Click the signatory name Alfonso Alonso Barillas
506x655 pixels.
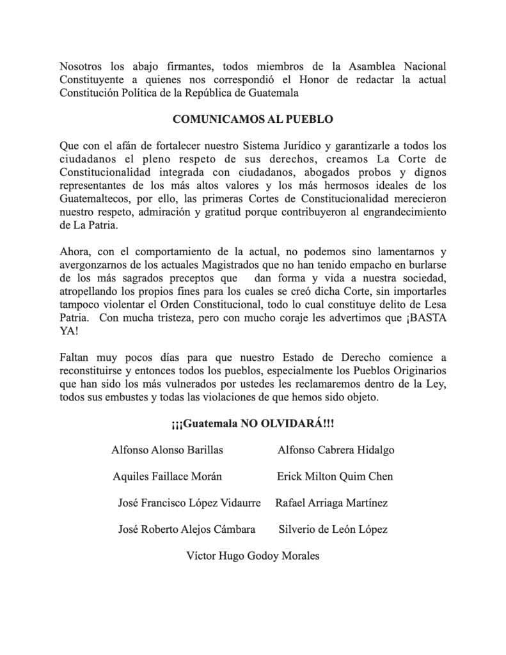coord(167,450)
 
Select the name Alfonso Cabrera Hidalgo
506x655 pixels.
coord(336,450)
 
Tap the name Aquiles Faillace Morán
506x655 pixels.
coord(167,477)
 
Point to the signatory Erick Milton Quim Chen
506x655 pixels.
coord(335,477)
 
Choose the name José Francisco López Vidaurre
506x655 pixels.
coord(189,503)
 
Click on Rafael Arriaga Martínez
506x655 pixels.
coord(331,503)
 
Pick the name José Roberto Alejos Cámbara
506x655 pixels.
coord(187,530)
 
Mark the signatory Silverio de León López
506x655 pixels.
coord(333,530)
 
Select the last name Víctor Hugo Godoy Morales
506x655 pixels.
coord(252,556)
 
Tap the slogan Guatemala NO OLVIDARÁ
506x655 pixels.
coord(253,423)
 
